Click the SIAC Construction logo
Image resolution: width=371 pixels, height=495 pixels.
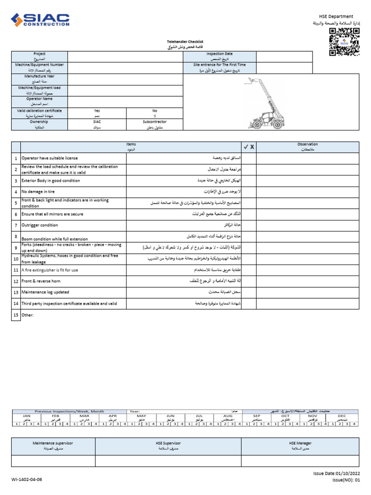[x=41, y=20]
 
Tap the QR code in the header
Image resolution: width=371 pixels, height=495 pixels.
[x=344, y=42]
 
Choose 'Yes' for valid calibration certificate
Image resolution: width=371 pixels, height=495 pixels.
[x=97, y=111]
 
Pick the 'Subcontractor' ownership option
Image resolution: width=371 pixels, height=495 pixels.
[x=155, y=122]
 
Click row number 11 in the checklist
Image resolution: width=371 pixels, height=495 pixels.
[x=16, y=270]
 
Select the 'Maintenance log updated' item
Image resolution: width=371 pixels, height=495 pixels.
[x=45, y=292]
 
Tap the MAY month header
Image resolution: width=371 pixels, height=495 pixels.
[x=142, y=416]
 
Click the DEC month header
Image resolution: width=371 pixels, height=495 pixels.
[x=342, y=416]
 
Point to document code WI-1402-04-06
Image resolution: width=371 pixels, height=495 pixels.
[x=27, y=480]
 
